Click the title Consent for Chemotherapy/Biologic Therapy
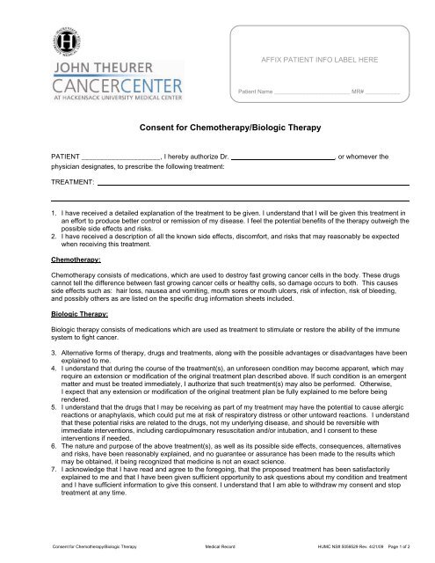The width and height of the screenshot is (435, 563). click(x=217, y=128)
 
